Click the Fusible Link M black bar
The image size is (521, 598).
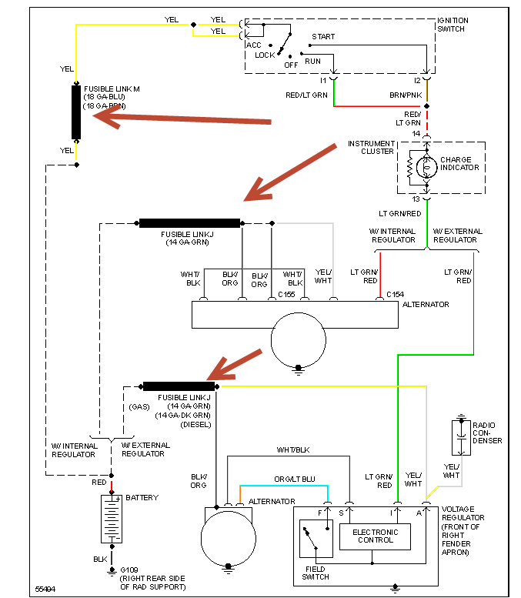[77, 112]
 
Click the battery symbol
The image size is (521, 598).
[111, 519]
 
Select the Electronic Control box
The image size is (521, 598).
[375, 536]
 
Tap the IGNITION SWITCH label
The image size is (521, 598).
[454, 25]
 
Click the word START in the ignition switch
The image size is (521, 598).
[322, 36]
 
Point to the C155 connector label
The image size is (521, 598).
[287, 294]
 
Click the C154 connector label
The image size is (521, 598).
[396, 294]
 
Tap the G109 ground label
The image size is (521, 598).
[130, 570]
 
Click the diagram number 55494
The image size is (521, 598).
[45, 590]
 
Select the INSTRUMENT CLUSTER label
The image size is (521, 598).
[371, 148]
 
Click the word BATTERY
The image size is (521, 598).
[142, 498]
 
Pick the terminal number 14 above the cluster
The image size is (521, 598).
[416, 134]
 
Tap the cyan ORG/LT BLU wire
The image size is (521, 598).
[285, 486]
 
